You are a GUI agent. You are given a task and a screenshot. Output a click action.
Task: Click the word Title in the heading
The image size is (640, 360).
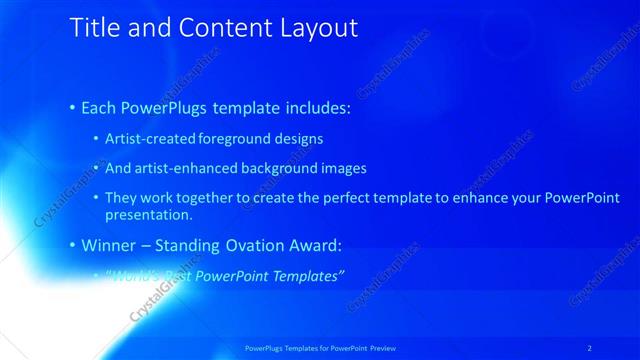tap(93, 28)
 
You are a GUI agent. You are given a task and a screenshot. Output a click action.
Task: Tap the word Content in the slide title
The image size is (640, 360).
tap(214, 28)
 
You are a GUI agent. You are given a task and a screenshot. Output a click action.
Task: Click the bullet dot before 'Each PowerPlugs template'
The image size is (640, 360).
tap(73, 106)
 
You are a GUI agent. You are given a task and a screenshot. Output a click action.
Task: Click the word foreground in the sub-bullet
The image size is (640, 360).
tap(237, 138)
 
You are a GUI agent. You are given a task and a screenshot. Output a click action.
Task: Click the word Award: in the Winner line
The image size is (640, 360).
tap(311, 244)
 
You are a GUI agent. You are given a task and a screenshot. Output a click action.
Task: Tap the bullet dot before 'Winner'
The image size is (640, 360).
tap(73, 244)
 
